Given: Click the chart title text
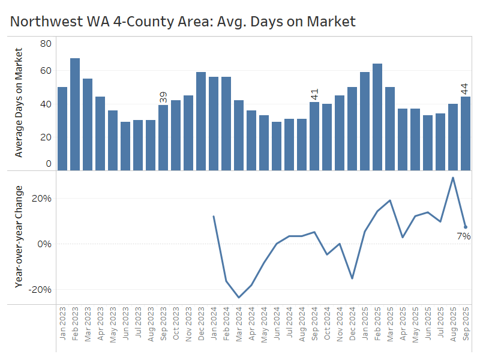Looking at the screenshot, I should click(183, 22).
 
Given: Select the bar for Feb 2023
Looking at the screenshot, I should click(75, 114).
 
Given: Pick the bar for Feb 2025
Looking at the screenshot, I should click(377, 117).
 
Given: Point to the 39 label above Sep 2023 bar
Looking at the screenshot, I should click(163, 98).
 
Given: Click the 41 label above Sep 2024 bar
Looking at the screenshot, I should click(314, 94).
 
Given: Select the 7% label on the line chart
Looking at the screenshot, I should click(463, 236).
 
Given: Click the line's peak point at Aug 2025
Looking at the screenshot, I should click(453, 178).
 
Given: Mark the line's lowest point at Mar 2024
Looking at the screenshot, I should click(239, 297).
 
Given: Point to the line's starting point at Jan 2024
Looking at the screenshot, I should click(214, 216).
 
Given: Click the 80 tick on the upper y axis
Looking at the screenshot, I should click(46, 44).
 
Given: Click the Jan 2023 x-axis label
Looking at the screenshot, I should click(62, 323).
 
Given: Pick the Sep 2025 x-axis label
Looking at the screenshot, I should click(466, 323).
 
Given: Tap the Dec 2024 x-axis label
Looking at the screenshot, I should click(352, 323).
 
